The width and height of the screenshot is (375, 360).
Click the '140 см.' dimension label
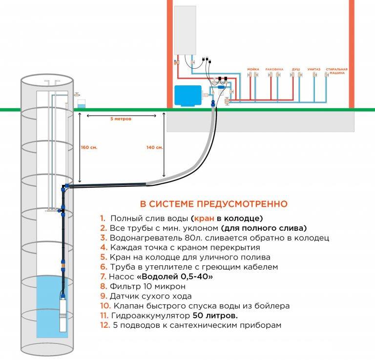pyautogui.click(x=155, y=147)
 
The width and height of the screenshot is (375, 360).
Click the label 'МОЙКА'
pyautogui.click(x=253, y=69)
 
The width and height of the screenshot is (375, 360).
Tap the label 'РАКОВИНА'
pyautogui.click(x=274, y=69)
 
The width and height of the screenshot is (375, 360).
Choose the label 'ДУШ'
pyautogui.click(x=296, y=69)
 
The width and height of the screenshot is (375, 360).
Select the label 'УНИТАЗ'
pyautogui.click(x=313, y=69)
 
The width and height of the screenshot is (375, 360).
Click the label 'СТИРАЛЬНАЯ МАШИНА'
pyautogui.click(x=337, y=70)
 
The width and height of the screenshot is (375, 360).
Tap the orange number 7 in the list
pyautogui.click(x=103, y=277)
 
